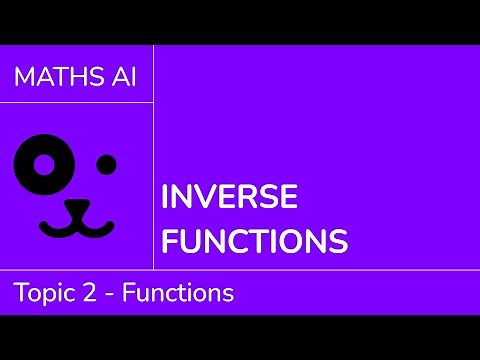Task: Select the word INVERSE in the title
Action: [x=229, y=196]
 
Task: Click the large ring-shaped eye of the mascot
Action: [x=43, y=163]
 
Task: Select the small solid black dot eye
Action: [x=105, y=163]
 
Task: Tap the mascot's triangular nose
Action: [x=76, y=205]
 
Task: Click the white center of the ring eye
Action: [x=43, y=163]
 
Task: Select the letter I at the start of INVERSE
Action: [x=166, y=196]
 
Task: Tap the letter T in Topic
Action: [x=20, y=293]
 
